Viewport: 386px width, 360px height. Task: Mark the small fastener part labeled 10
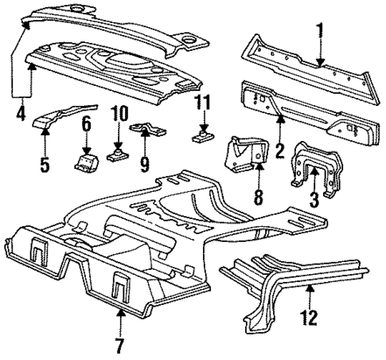pos(117,151)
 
